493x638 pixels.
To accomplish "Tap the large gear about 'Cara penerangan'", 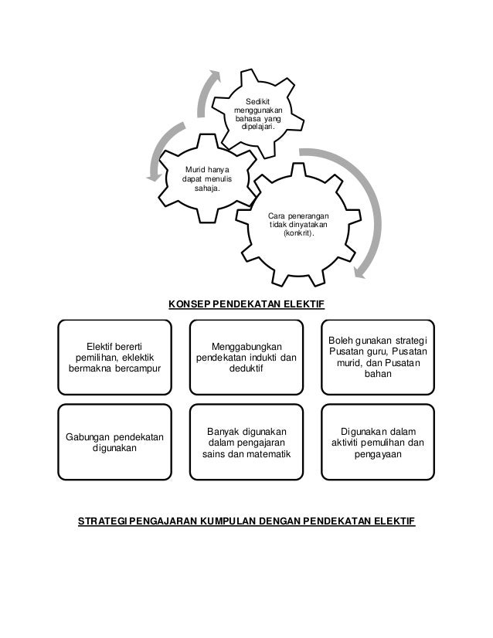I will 297,224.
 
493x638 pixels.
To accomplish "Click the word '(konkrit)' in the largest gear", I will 299,233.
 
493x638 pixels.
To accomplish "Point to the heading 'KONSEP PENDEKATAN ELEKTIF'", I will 246,305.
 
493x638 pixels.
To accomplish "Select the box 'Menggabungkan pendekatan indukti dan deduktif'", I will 246,356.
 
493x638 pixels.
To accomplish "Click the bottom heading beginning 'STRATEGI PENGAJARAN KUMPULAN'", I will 246,523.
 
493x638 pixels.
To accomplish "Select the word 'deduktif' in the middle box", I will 246,369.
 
